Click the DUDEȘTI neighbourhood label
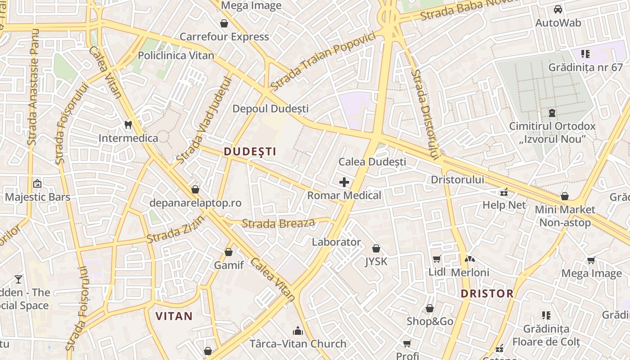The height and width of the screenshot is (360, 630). (250, 152)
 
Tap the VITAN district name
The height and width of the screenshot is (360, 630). (174, 316)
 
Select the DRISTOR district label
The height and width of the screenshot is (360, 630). (487, 294)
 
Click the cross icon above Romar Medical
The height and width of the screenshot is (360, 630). (344, 182)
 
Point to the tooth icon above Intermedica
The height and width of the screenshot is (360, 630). (128, 125)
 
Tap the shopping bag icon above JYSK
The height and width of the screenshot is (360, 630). (376, 248)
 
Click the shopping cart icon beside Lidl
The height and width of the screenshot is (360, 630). (436, 259)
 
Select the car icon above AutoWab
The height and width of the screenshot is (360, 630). (558, 9)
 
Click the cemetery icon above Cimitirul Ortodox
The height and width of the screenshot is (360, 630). (552, 112)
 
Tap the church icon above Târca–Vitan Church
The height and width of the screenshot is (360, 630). (298, 331)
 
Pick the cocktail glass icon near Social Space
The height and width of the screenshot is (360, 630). (18, 279)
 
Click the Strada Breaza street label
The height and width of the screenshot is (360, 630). (279, 223)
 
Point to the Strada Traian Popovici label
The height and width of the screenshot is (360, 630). (323, 61)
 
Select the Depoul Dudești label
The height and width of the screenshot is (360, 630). (270, 108)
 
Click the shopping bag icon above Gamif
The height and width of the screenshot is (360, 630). (229, 252)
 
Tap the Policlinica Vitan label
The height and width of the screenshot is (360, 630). (176, 55)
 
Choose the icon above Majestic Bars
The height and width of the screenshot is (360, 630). (37, 184)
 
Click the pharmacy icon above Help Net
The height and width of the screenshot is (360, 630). (504, 192)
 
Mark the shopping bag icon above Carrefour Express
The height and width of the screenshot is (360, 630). (224, 23)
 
